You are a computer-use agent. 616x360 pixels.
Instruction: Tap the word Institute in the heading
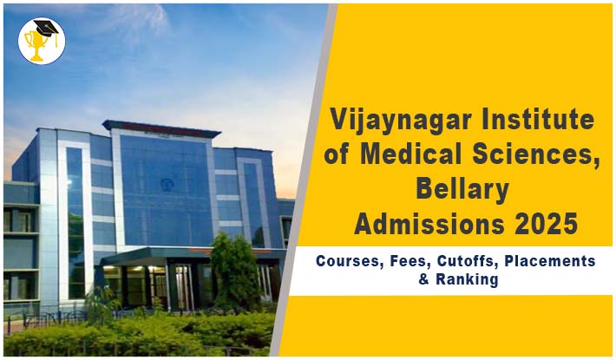538,119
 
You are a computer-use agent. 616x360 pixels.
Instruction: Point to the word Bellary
462,191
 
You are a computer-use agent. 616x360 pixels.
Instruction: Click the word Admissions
429,224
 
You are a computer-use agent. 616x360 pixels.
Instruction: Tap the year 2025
546,224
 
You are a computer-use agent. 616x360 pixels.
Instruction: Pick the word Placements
550,261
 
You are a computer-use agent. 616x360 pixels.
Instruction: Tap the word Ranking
467,280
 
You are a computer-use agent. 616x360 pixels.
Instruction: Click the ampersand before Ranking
423,280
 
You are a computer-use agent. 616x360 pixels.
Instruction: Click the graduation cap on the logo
47,29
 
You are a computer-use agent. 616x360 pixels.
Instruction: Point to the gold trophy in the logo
36,46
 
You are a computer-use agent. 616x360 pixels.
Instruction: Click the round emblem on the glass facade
167,184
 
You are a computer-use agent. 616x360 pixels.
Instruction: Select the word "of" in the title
337,154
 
